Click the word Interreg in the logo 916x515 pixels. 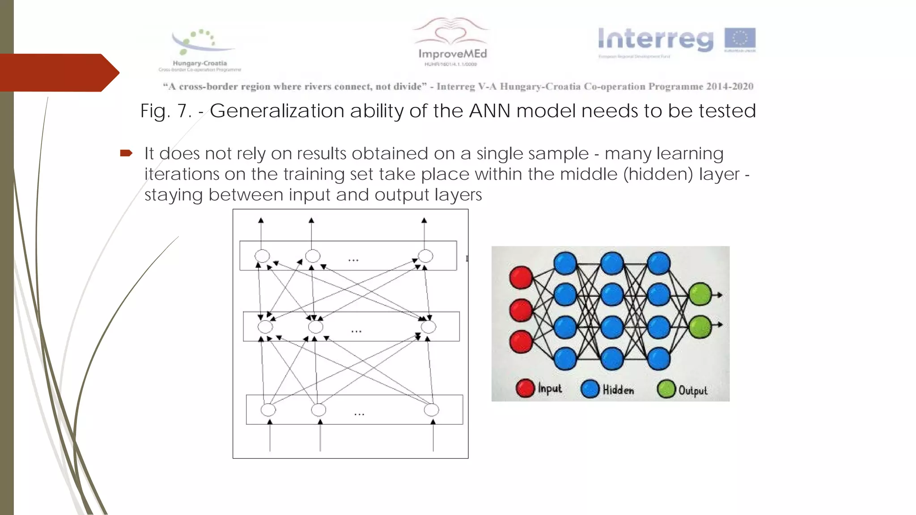pos(656,39)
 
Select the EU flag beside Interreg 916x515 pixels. pos(740,39)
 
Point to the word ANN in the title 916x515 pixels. pos(489,111)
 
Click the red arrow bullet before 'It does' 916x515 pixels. pos(126,153)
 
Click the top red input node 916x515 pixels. pos(521,277)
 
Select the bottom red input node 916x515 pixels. pos(521,342)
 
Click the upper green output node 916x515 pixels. pos(700,294)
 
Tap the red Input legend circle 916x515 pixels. pos(525,388)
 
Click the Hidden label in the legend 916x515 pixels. pos(618,390)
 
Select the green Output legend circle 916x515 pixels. pos(666,389)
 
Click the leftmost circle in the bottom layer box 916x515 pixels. pos(268,409)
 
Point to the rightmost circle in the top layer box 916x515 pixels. pos(425,256)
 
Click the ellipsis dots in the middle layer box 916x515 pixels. pos(356,331)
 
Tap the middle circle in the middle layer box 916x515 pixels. pos(315,327)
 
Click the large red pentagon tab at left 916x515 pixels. pos(58,72)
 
